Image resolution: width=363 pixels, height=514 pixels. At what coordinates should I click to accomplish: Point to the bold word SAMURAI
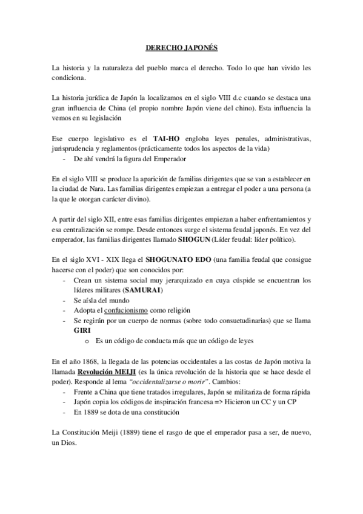tap(142, 290)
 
